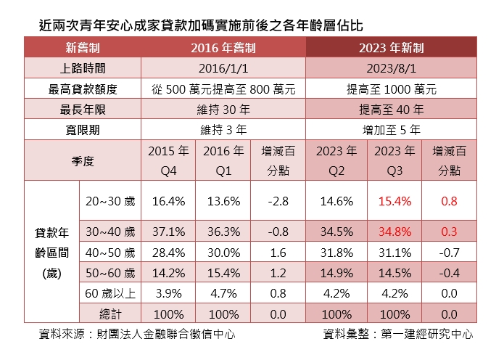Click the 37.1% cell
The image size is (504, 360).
click(168, 232)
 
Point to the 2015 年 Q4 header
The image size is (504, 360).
click(168, 160)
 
